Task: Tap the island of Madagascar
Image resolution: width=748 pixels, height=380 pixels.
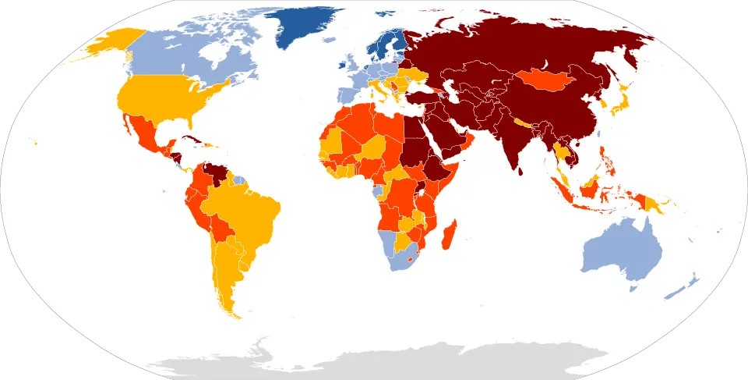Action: point(447,235)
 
